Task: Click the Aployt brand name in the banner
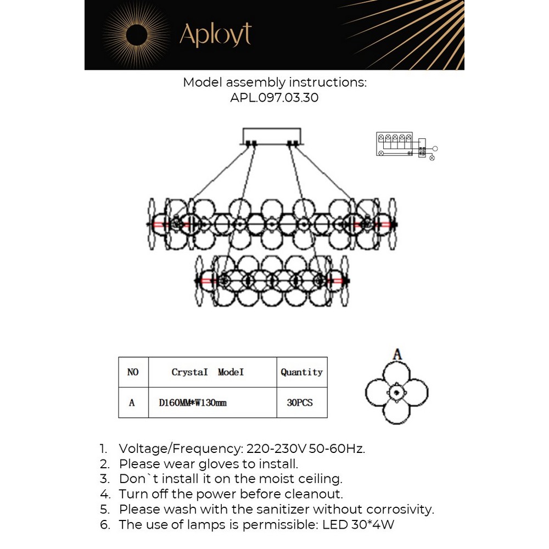pyautogui.click(x=215, y=35)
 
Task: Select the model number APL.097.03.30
pyautogui.click(x=274, y=98)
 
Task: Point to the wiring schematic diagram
pyautogui.click(x=406, y=145)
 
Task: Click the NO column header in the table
pyautogui.click(x=133, y=372)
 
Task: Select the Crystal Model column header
pyautogui.click(x=208, y=372)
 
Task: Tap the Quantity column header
pyautogui.click(x=301, y=372)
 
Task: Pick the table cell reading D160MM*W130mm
pyautogui.click(x=193, y=402)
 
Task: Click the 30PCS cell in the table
pyautogui.click(x=300, y=402)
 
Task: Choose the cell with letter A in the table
pyautogui.click(x=132, y=402)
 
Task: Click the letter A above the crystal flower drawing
pyautogui.click(x=397, y=355)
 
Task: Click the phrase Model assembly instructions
pyautogui.click(x=274, y=82)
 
